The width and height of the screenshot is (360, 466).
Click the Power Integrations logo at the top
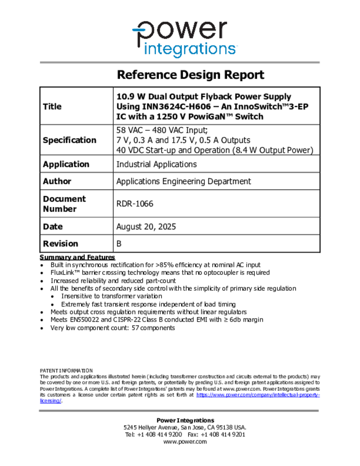click(x=184, y=38)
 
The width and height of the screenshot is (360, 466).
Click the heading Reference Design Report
click(x=190, y=75)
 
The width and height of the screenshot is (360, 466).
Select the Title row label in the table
click(x=52, y=106)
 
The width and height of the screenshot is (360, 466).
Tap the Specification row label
click(x=69, y=140)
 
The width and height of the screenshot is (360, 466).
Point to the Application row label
click(x=66, y=164)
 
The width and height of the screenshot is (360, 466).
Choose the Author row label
click(x=57, y=181)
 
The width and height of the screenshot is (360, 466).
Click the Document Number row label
click(x=64, y=204)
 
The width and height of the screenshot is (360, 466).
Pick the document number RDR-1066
click(x=135, y=204)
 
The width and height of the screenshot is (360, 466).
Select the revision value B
click(x=119, y=243)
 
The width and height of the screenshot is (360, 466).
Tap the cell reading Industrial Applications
click(x=157, y=164)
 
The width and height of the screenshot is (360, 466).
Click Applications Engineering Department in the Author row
click(x=183, y=181)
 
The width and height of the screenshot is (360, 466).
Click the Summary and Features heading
click(x=77, y=258)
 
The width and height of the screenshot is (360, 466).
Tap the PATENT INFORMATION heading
click(x=66, y=371)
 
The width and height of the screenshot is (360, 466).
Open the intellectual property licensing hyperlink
click(x=258, y=395)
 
